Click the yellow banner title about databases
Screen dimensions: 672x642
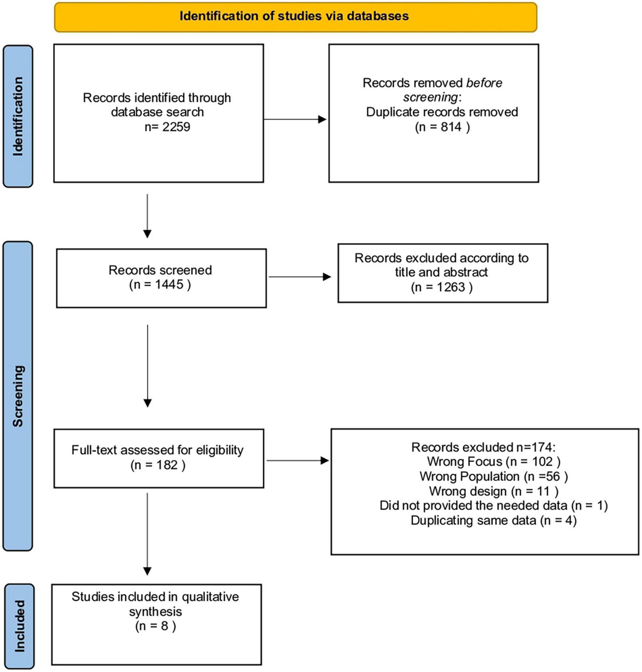[x=294, y=16]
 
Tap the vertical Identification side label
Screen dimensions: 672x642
[x=18, y=116]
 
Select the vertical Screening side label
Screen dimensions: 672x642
[x=18, y=396]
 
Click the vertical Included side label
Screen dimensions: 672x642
[x=19, y=627]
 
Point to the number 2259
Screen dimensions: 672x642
[x=175, y=127]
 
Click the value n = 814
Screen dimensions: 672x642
[x=442, y=127]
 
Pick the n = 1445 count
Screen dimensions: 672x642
[x=160, y=285]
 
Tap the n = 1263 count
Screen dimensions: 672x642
[x=441, y=287]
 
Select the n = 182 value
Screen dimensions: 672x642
[x=158, y=465]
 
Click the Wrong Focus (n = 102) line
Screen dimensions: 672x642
[x=493, y=461]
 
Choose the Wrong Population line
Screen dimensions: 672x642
[x=493, y=476]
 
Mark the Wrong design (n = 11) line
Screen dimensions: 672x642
[x=493, y=491]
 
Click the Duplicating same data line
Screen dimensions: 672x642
[x=493, y=520]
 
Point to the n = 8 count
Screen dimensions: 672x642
[x=156, y=626]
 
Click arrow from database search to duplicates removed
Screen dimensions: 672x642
[x=295, y=119]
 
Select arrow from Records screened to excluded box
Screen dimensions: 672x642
[x=300, y=277]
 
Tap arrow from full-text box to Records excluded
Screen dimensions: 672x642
[x=297, y=461]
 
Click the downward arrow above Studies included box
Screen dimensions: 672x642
[x=148, y=534]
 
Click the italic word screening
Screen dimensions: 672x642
[x=430, y=97]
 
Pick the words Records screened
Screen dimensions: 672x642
[x=160, y=270]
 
